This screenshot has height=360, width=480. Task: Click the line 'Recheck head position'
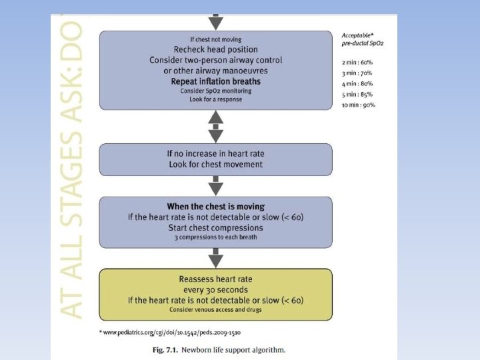click(x=215, y=49)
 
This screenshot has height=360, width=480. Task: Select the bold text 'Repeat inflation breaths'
click(x=215, y=81)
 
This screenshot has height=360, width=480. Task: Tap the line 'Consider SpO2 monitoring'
click(x=215, y=91)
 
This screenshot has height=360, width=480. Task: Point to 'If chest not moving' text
click(x=215, y=39)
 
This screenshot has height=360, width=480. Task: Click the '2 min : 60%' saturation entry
click(x=357, y=61)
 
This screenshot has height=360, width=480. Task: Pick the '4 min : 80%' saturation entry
click(x=357, y=83)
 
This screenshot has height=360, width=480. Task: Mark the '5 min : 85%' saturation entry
click(x=357, y=94)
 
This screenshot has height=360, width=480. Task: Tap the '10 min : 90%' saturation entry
click(x=358, y=105)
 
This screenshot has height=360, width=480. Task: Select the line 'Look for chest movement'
click(x=215, y=164)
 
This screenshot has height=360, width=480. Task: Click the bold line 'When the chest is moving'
click(x=215, y=207)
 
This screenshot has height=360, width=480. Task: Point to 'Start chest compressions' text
click(x=215, y=227)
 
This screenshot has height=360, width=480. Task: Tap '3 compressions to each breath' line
click(x=215, y=237)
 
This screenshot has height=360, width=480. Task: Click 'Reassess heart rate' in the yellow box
click(x=215, y=279)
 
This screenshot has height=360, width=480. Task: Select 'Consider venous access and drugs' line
click(x=215, y=310)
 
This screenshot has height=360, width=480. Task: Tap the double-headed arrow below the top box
click(x=215, y=127)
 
